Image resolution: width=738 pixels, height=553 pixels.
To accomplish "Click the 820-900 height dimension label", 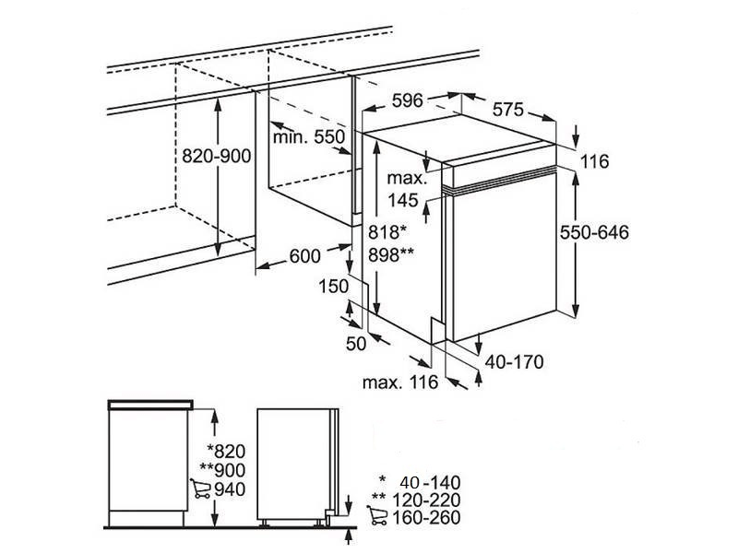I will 217,158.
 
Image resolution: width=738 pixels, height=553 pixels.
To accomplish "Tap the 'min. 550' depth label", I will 308,137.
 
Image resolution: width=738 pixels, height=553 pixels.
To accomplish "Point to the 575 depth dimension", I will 506,110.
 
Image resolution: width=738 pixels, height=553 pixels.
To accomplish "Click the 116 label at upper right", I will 595,162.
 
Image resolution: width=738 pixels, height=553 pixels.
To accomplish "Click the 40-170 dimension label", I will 515,362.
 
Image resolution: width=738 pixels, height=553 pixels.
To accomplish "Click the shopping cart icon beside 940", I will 198,488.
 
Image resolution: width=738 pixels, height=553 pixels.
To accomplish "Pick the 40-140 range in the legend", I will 430,482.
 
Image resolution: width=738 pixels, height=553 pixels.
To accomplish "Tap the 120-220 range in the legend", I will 427,500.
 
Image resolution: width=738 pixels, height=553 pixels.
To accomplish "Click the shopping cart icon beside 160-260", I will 376,518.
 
